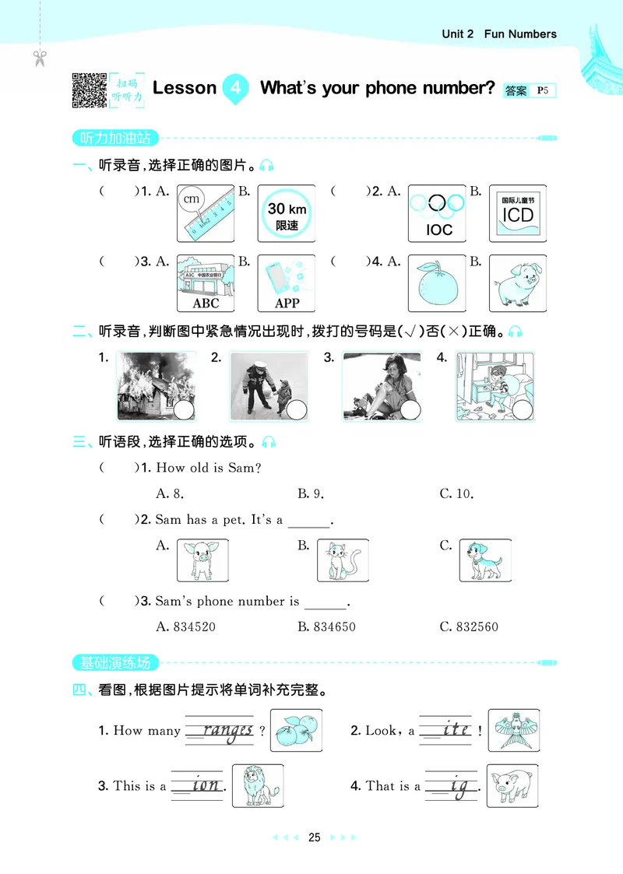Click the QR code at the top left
point(89,90)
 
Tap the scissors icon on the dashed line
point(40,57)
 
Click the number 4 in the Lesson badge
point(235,88)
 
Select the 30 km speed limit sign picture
point(287,213)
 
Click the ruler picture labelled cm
point(206,213)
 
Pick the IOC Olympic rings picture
point(438,213)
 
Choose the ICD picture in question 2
point(518,213)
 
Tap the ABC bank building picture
point(206,283)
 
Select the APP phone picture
point(287,283)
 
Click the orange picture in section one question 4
point(438,283)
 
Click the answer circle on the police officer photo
point(296,411)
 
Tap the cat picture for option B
point(343,560)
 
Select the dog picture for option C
point(485,560)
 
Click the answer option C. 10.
point(456,493)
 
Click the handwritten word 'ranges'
point(227,730)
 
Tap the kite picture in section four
point(514,730)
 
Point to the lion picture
point(258,785)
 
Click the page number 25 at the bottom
point(314,838)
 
